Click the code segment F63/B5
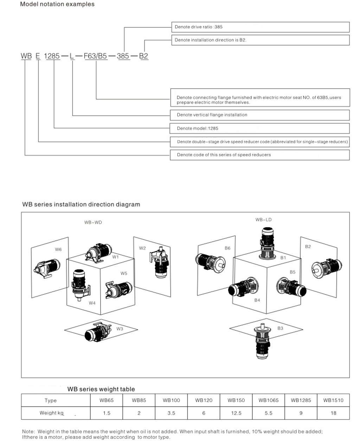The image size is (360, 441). (x=95, y=56)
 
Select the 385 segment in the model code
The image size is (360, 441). (x=123, y=56)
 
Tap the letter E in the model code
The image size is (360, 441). (x=38, y=56)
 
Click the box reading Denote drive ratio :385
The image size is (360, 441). (x=260, y=27)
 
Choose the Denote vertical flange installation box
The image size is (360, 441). (x=260, y=115)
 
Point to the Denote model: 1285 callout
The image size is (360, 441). (x=259, y=128)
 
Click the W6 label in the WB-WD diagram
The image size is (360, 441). (x=58, y=249)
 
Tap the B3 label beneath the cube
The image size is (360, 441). (x=280, y=328)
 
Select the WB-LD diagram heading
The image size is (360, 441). (x=263, y=220)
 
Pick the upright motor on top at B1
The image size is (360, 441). (x=267, y=243)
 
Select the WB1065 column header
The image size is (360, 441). (x=268, y=400)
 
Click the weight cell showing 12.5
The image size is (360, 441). (x=236, y=413)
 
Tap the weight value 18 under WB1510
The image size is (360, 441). (x=333, y=413)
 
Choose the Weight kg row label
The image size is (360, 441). (x=52, y=413)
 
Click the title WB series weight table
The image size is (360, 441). (x=101, y=389)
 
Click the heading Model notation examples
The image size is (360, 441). (x=57, y=4)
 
